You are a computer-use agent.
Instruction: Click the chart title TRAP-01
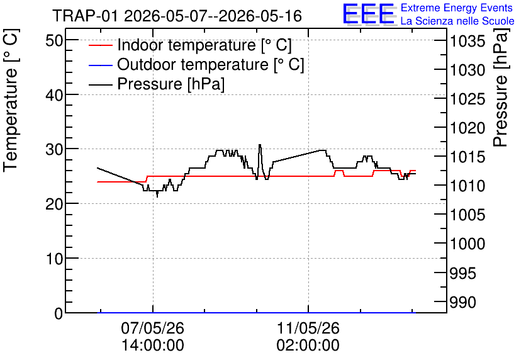tap(85, 16)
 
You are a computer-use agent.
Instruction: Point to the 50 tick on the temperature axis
tap(54, 41)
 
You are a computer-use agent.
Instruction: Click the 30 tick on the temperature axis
tap(54, 149)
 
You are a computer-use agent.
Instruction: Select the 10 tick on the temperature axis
tap(54, 259)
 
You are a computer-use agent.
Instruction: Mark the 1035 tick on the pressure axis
tap(467, 42)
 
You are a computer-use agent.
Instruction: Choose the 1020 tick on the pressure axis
tap(467, 128)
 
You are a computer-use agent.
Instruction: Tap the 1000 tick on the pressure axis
tap(467, 244)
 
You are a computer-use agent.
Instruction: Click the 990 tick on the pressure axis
tap(463, 302)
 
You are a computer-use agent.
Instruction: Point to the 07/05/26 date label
tap(153, 328)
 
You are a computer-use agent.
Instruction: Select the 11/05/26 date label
tap(308, 328)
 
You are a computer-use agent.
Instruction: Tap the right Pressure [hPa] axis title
tap(501, 87)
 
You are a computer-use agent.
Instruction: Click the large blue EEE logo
tap(369, 14)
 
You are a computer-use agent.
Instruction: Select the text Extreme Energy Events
tap(457, 8)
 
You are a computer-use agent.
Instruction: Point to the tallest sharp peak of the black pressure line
tap(260, 145)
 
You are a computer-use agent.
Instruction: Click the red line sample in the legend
tap(100, 45)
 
